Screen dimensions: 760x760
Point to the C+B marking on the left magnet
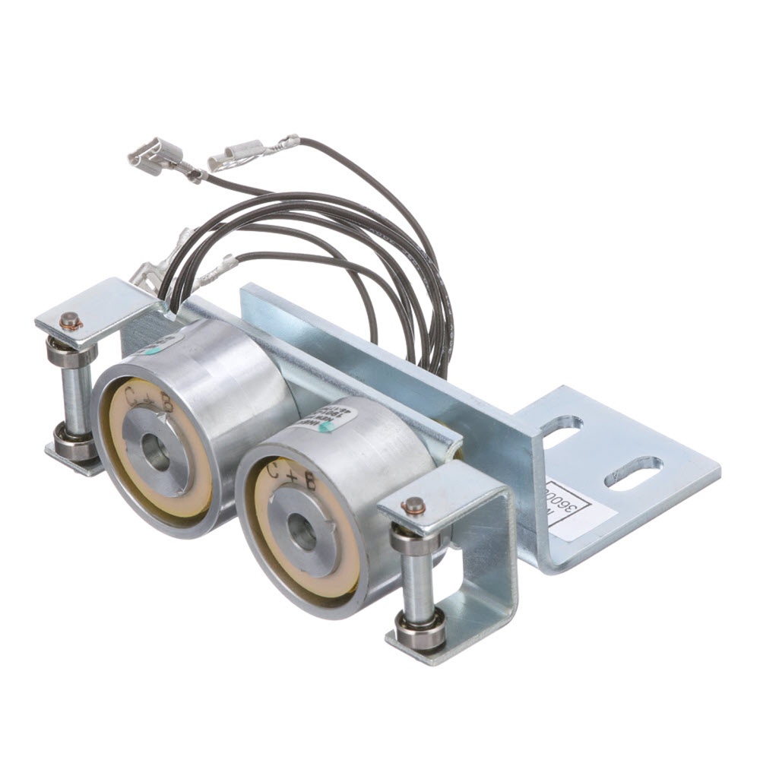149,400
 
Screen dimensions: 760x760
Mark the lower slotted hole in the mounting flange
633,473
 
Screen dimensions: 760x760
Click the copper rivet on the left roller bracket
70,321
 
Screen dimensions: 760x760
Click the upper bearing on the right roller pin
414,540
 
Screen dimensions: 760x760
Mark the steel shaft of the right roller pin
417,585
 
